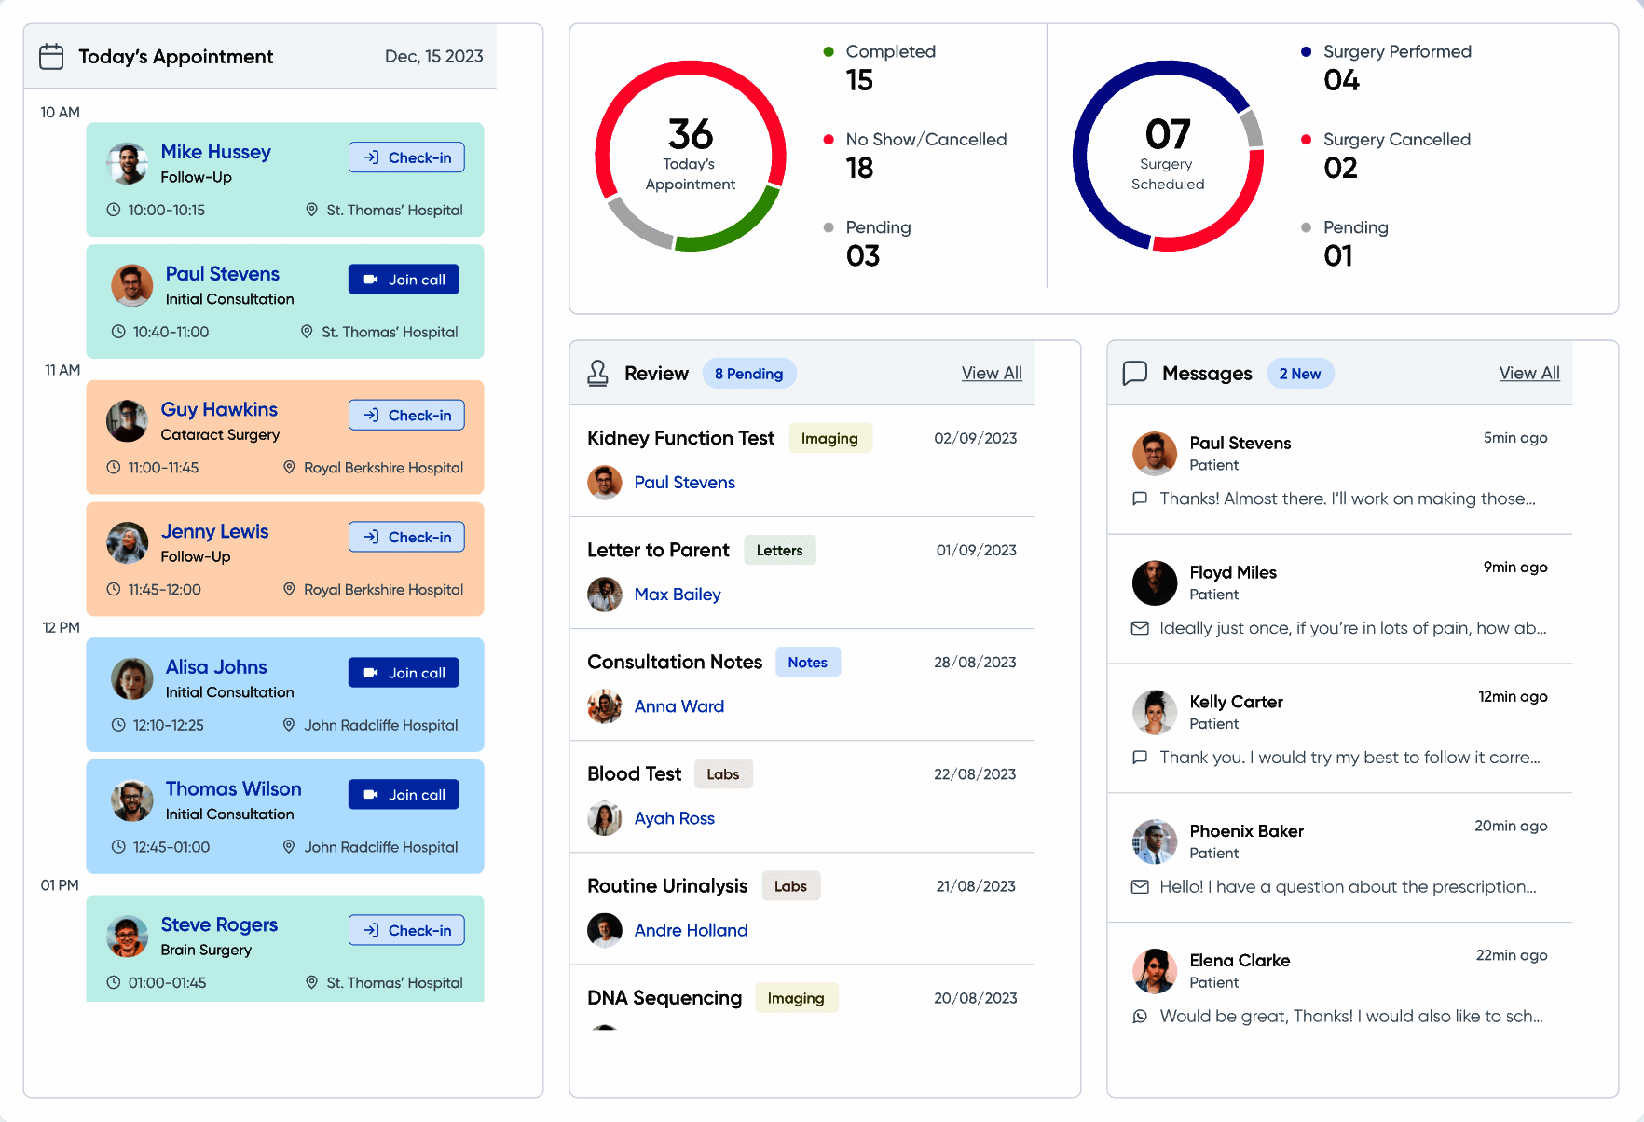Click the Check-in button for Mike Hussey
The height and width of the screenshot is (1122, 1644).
pos(406,157)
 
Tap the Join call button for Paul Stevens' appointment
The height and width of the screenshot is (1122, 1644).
pos(404,280)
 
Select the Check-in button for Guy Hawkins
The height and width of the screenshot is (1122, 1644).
pos(406,416)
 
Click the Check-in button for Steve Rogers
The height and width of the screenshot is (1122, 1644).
pos(406,930)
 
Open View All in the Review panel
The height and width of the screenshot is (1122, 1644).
pos(992,374)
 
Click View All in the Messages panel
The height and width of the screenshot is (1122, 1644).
pos(1528,374)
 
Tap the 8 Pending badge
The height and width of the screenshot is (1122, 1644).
pos(748,374)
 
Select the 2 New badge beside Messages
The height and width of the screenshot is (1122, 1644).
pos(1299,374)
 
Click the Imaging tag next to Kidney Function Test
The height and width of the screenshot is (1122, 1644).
pos(829,438)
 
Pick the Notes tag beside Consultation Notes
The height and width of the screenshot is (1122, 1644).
pos(807,662)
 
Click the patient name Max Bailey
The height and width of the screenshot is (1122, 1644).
pos(678,595)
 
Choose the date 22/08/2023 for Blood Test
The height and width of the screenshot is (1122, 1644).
pos(975,774)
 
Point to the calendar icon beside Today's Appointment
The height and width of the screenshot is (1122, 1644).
pos(51,57)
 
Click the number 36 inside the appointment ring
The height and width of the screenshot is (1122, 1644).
pos(691,134)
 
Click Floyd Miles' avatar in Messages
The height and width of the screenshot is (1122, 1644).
pos(1155,583)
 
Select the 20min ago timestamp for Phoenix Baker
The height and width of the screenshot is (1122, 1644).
pos(1511,826)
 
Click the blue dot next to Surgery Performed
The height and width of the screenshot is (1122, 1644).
pos(1307,52)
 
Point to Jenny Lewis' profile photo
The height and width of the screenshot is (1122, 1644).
pos(128,543)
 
